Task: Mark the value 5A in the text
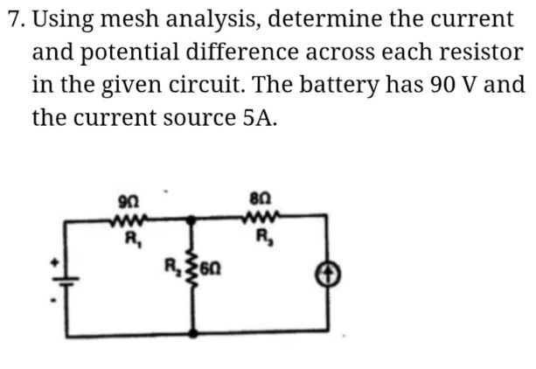[256, 119]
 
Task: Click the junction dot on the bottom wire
[193, 333]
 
